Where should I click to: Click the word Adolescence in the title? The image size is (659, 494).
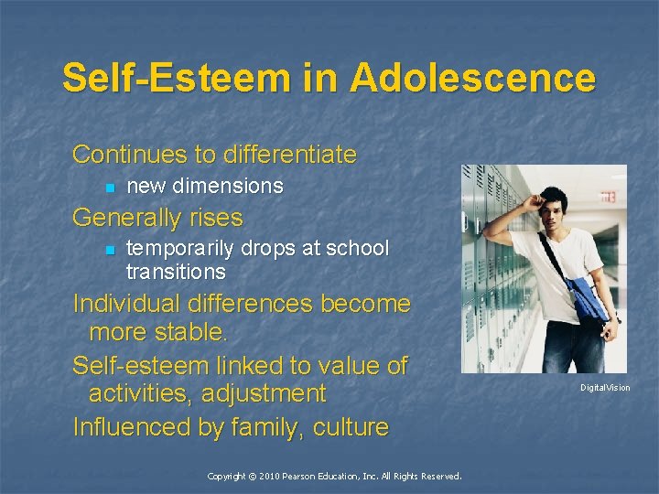click(x=471, y=78)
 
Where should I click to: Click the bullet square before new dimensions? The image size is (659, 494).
click(x=109, y=188)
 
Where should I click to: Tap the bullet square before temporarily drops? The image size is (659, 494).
click(x=109, y=251)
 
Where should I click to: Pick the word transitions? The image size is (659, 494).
click(x=176, y=272)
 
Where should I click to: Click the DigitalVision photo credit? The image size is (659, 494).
click(x=605, y=388)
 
